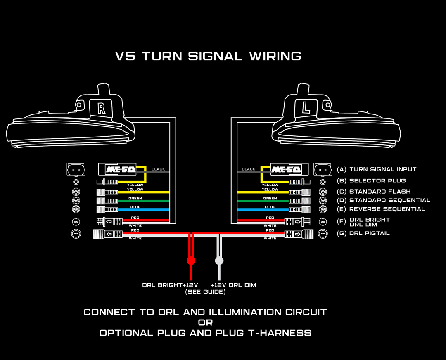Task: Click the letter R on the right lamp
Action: click(x=102, y=109)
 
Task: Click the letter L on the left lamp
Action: click(x=306, y=109)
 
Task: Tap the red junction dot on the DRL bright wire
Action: click(x=191, y=261)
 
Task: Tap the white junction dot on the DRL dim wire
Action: click(x=219, y=261)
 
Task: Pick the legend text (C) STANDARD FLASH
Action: click(x=374, y=192)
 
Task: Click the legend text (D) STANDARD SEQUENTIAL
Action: click(x=384, y=200)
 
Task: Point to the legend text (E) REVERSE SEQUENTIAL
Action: click(x=381, y=209)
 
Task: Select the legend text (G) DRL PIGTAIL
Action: click(x=363, y=233)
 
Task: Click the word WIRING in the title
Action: click(x=275, y=56)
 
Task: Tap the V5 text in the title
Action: click(x=125, y=56)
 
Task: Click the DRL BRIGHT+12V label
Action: click(x=170, y=285)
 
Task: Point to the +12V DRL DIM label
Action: click(x=233, y=285)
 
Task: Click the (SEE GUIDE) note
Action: click(x=205, y=292)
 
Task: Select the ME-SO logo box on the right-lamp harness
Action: click(x=117, y=169)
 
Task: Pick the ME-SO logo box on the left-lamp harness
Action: click(x=287, y=169)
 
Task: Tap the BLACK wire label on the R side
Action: click(x=158, y=169)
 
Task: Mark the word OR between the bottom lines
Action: click(x=205, y=322)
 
